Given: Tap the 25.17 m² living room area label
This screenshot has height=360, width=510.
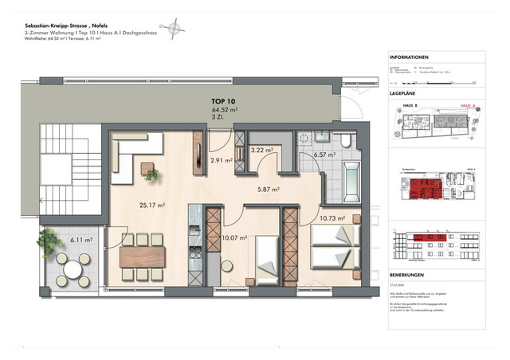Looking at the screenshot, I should [150, 205].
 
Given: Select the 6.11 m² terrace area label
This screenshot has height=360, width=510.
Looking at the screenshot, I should [80, 239].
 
